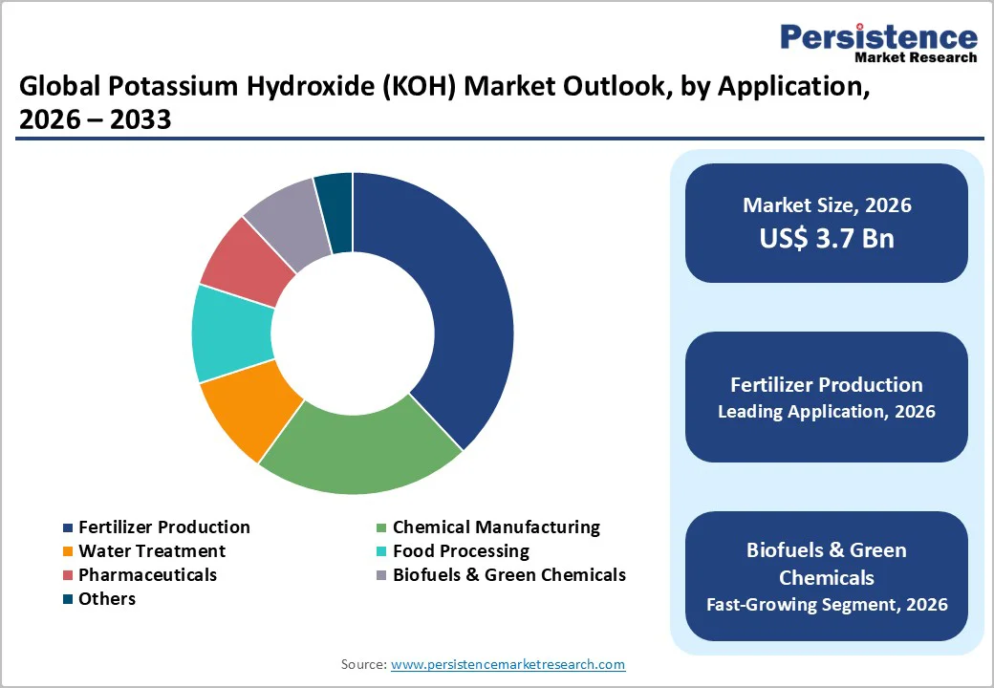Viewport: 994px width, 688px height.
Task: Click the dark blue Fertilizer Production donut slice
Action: [449, 306]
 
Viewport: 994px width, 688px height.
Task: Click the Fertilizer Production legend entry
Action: [163, 527]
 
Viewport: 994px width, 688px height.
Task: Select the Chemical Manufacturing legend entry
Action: [495, 527]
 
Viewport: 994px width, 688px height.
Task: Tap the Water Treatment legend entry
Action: [151, 551]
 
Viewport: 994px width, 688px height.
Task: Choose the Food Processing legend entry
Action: [460, 551]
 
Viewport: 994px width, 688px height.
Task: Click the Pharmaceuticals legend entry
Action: [147, 575]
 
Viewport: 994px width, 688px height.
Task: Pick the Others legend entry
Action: [106, 599]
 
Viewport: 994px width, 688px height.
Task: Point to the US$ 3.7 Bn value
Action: [827, 238]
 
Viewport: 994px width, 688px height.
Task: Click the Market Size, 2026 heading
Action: [827, 205]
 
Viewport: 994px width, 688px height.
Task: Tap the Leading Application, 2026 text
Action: [827, 412]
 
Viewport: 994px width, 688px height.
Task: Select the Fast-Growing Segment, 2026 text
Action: [827, 604]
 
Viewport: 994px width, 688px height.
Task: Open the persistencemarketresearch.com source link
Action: [508, 664]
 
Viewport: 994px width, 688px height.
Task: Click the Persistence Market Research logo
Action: [878, 42]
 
